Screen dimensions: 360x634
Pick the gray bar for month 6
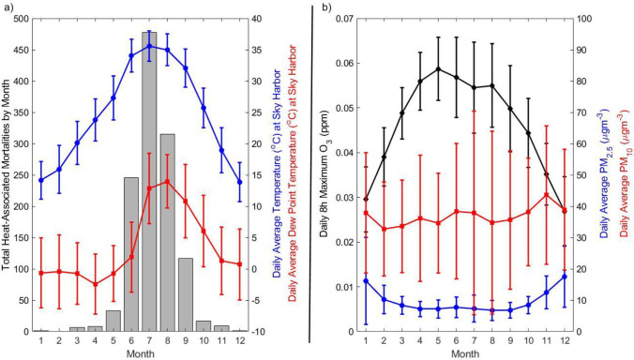pyautogui.click(x=131, y=254)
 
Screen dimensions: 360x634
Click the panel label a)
pyautogui.click(x=10, y=9)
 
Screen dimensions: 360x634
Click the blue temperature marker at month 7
pyautogui.click(x=149, y=46)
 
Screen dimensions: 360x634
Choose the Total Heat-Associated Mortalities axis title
pyautogui.click(x=8, y=175)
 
